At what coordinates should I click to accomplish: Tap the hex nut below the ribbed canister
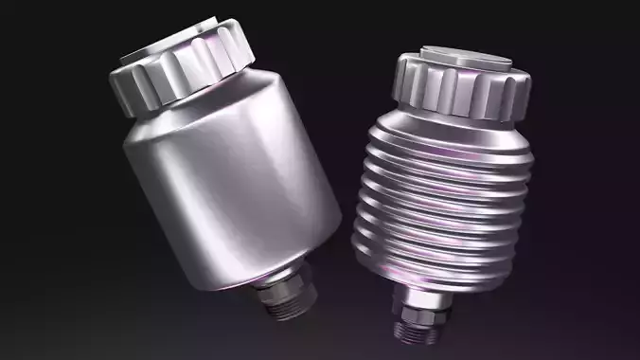click(416, 312)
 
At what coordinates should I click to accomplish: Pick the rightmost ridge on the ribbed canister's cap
click(520, 95)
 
